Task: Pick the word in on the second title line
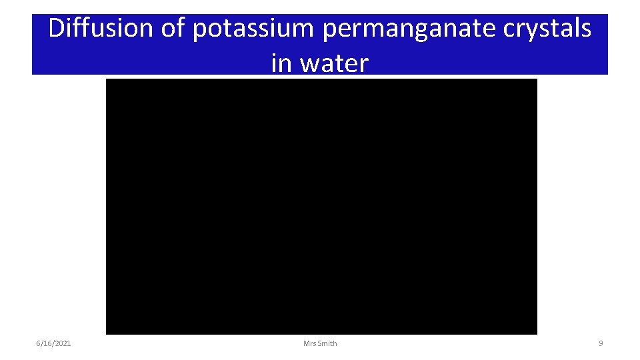[281, 63]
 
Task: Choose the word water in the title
[335, 63]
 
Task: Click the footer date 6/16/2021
[53, 343]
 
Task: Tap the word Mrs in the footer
[309, 343]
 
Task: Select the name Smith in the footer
[327, 343]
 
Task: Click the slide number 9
[601, 343]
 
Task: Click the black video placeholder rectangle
[321, 206]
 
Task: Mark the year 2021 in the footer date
[63, 343]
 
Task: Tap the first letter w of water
[309, 64]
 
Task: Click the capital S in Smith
[320, 343]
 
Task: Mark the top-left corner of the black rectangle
[107, 79]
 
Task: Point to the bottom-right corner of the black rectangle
[536, 333]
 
